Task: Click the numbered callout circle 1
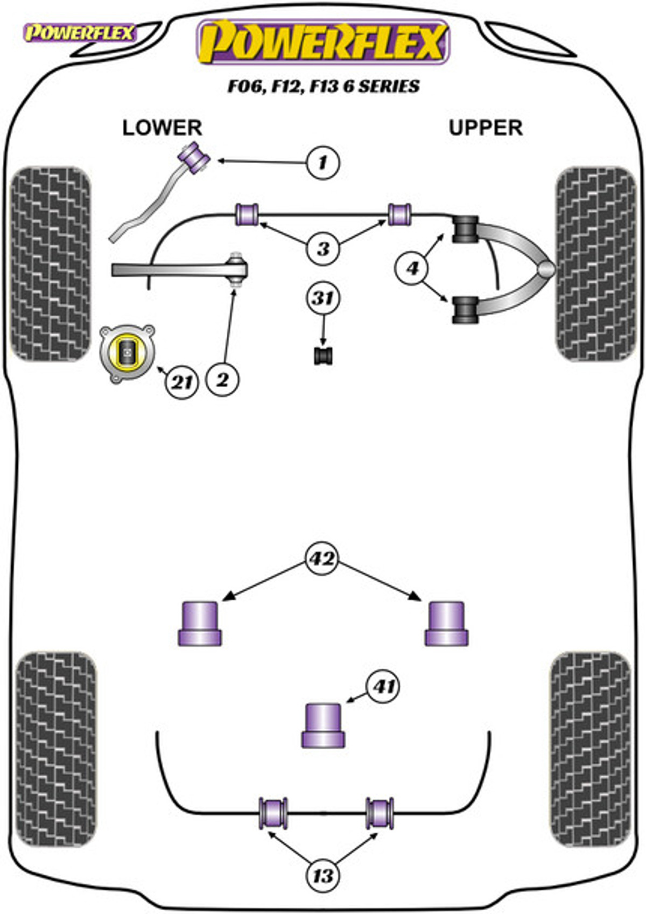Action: coord(322,163)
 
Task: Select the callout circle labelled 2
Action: coord(222,380)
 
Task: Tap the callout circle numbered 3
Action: coord(322,248)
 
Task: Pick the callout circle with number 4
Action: coord(412,268)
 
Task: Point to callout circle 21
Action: coord(182,382)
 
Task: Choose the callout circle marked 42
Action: coord(322,559)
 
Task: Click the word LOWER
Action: coord(162,128)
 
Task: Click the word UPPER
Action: coord(486,128)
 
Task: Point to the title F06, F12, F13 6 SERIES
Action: coord(323,86)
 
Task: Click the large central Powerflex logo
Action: coord(323,42)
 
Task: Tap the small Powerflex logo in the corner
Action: coord(79,33)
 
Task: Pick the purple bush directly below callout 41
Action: coord(323,725)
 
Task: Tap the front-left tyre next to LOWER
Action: coord(51,264)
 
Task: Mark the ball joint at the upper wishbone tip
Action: coord(546,269)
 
